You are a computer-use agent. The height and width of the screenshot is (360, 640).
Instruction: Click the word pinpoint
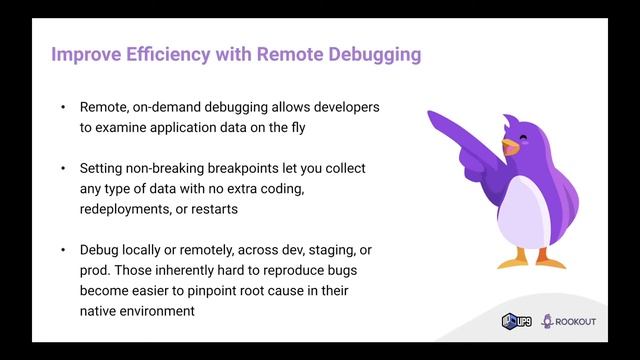(x=226, y=290)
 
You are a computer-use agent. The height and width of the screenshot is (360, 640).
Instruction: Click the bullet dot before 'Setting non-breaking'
(x=63, y=168)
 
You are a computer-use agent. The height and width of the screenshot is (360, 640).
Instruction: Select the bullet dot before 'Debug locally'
(x=63, y=249)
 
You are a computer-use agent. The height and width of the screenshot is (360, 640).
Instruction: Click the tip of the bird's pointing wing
(x=432, y=115)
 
